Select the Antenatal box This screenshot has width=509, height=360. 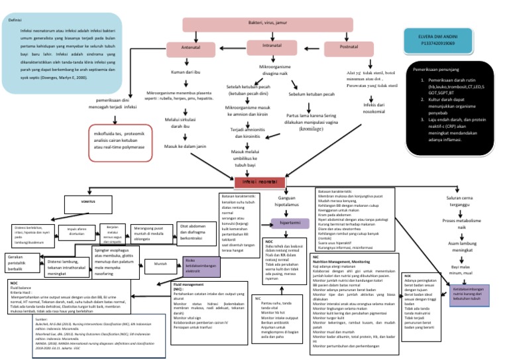[192, 48]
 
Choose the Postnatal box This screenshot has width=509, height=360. [350, 48]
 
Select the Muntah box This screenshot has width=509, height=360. [160, 263]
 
